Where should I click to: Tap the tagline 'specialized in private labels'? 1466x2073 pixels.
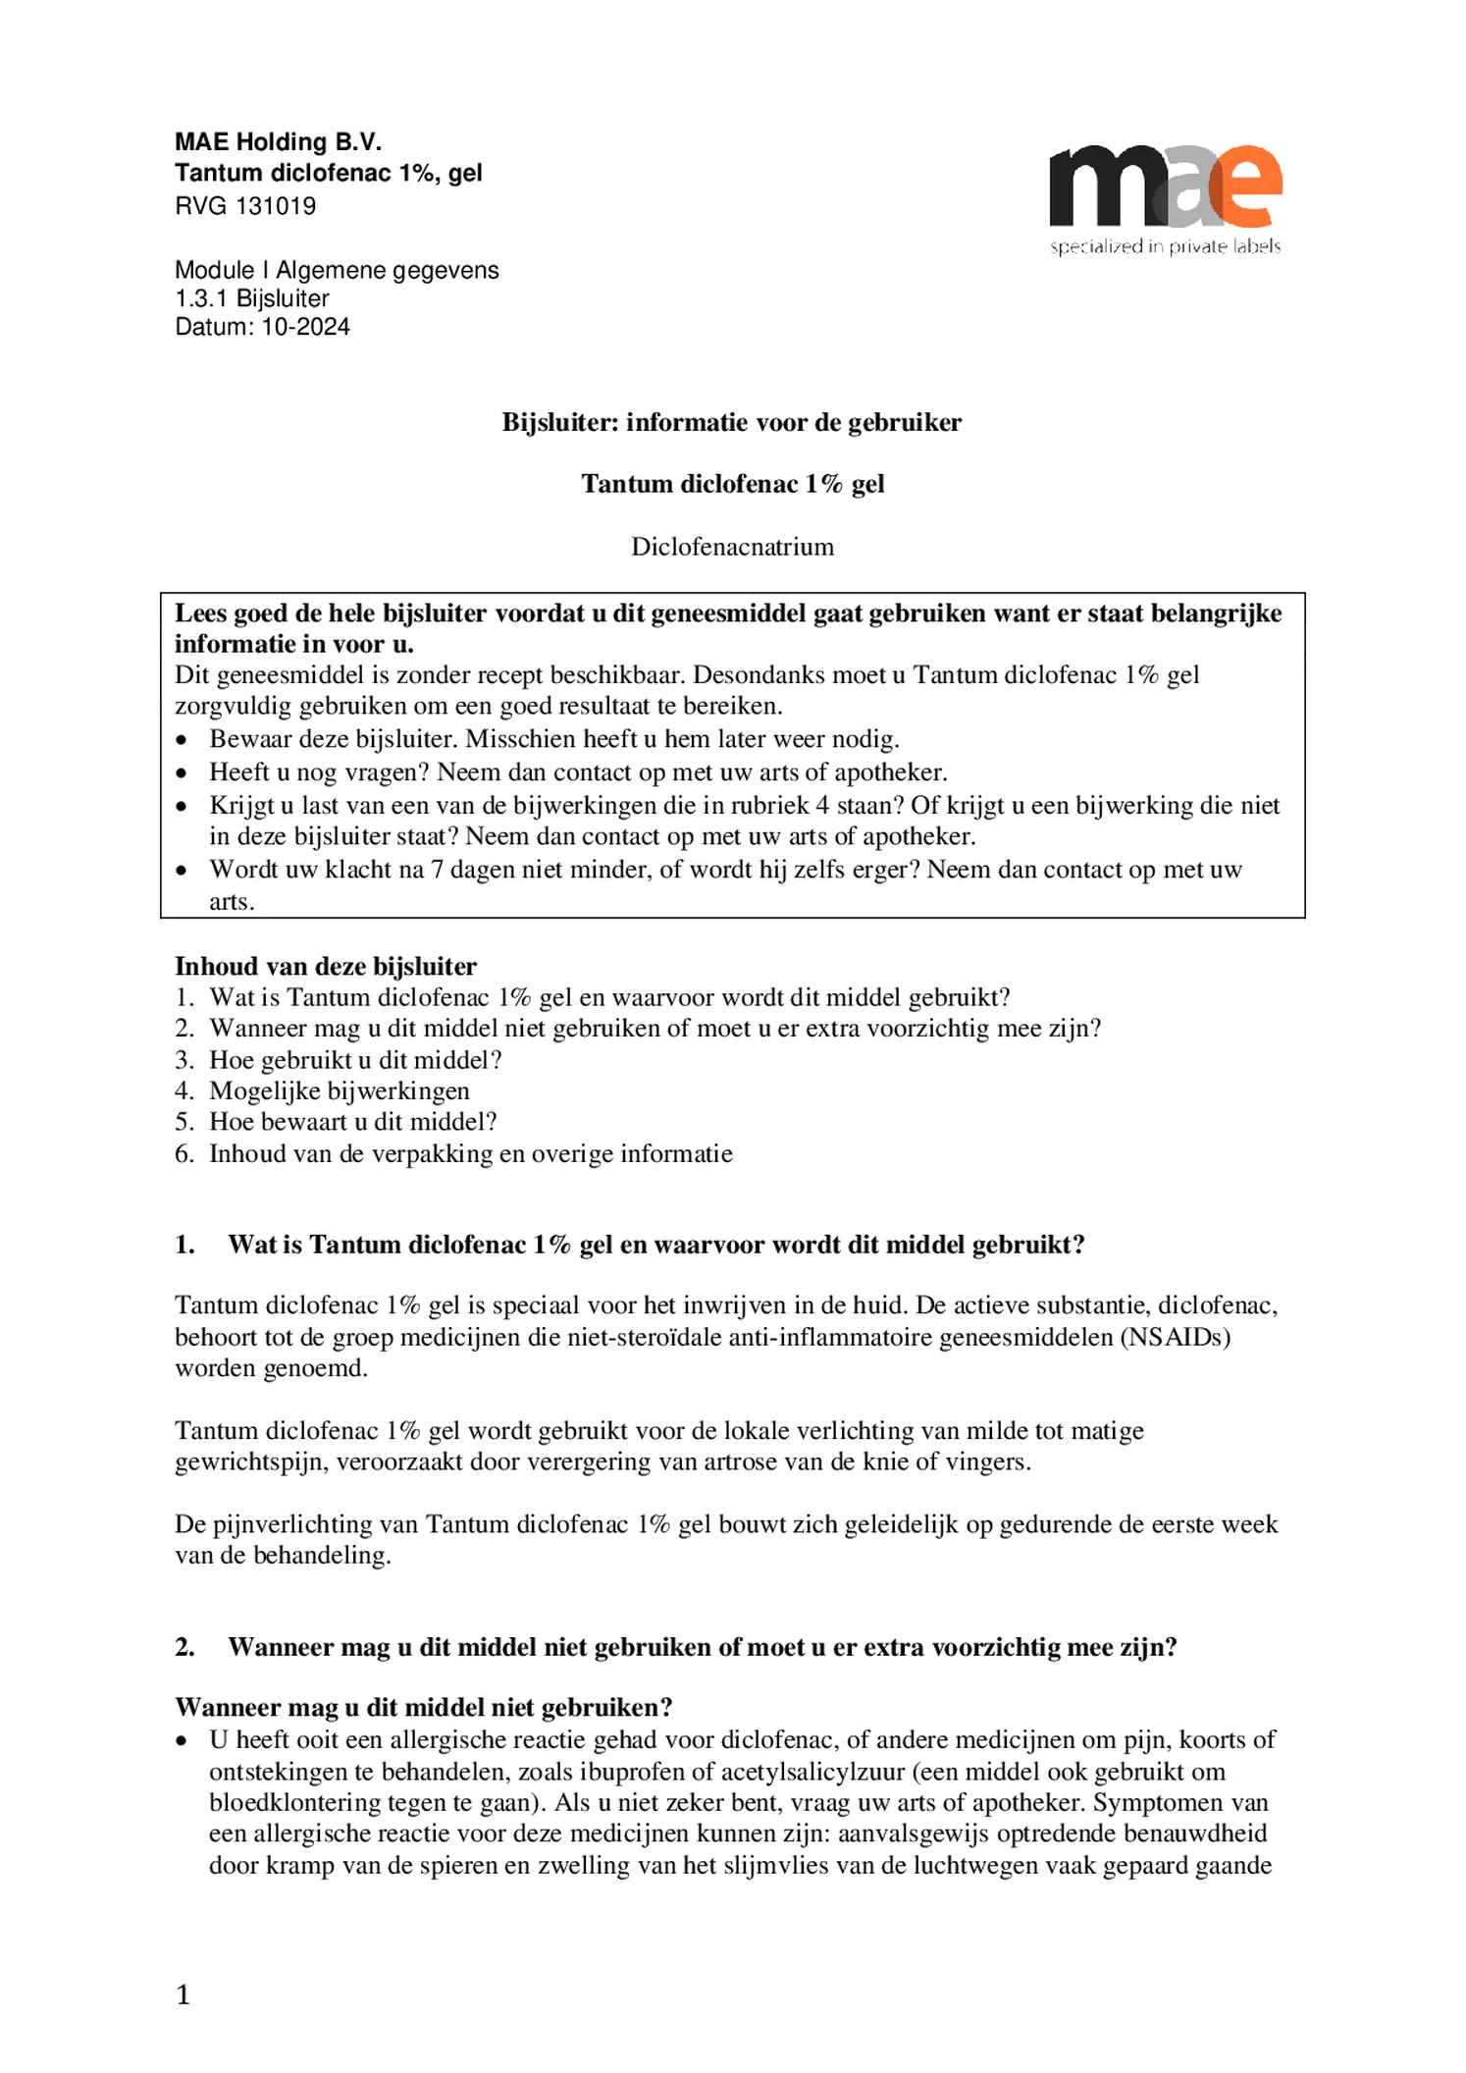click(1165, 246)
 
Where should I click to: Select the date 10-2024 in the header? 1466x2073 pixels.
click(305, 327)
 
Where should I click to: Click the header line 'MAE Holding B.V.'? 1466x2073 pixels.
click(278, 142)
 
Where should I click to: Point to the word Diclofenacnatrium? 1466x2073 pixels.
click(732, 547)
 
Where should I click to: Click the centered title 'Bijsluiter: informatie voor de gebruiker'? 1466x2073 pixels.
click(732, 422)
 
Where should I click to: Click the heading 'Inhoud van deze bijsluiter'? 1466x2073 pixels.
click(325, 966)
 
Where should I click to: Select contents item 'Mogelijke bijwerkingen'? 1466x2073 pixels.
click(339, 1090)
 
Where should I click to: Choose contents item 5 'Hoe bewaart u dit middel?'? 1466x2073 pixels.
click(352, 1122)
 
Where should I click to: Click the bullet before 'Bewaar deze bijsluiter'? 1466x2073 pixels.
click(182, 740)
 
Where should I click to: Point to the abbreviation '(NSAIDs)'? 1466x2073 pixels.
click(1176, 1337)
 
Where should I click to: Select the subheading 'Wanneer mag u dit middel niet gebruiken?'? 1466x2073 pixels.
click(423, 1708)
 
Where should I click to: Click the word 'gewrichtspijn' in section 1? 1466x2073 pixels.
click(249, 1462)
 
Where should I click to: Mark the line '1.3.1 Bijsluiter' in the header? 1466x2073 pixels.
click(251, 298)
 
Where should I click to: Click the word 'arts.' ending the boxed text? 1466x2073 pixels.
click(232, 901)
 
